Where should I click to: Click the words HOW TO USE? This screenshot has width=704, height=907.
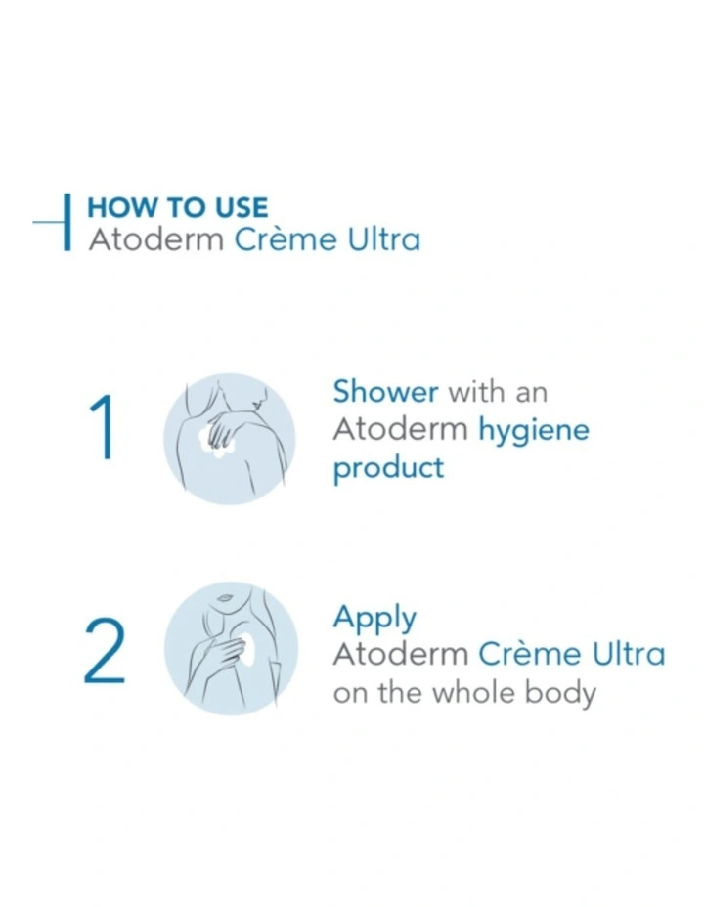coord(177,208)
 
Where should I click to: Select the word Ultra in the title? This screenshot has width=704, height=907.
coord(383,239)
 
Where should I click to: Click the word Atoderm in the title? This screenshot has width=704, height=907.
coord(155,239)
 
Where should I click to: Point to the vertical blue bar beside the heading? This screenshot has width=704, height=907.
coord(67,222)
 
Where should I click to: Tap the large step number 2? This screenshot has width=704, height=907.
coord(104,655)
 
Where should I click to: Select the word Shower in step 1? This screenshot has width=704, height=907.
coord(385,392)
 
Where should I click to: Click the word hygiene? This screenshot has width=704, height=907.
coord(533,431)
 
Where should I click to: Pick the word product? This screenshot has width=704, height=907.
coord(388,468)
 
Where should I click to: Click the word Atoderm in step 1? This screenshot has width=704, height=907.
coord(400,430)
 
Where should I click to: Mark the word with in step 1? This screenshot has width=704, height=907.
coord(476,392)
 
